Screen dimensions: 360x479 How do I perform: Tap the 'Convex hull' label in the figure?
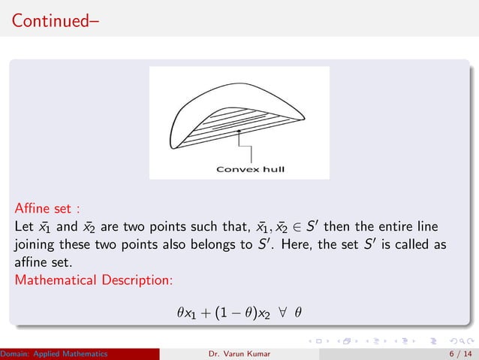[x=250, y=168]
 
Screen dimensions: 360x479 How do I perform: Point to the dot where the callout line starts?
[x=239, y=131]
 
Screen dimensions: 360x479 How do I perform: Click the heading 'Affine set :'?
[x=47, y=207]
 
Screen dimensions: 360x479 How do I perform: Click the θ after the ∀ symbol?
[x=298, y=311]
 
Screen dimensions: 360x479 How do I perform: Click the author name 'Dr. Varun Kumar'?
[x=241, y=353]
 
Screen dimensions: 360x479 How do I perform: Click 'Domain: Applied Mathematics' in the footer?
[x=53, y=353]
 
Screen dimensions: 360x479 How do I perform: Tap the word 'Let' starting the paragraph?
[x=25, y=225]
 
